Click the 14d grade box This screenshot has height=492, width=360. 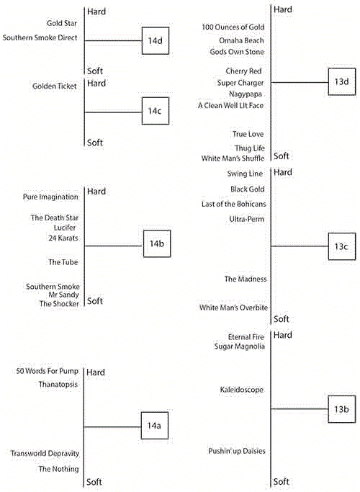click(156, 41)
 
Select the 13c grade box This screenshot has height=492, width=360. click(342, 246)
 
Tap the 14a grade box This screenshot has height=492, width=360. click(154, 426)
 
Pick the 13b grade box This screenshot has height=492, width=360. click(342, 409)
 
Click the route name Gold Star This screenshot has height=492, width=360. click(61, 23)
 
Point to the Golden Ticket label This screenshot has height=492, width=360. click(55, 86)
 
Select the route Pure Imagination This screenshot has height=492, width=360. click(50, 197)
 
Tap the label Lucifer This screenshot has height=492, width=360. click(65, 228)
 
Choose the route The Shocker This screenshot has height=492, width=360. click(59, 304)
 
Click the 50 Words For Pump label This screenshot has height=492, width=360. click(47, 371)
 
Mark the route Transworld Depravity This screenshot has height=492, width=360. click(45, 453)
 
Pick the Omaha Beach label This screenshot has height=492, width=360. click(241, 40)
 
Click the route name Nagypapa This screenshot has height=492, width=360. click(246, 94)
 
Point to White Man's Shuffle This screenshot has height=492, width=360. click(233, 158)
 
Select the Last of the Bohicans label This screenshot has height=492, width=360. click(233, 205)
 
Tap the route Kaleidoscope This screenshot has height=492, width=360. click(241, 390)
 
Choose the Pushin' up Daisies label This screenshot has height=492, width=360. click(237, 451)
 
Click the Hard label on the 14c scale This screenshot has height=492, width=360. click(96, 84)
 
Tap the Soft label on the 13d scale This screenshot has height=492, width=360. click(282, 156)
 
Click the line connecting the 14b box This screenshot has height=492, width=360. click(114, 246)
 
